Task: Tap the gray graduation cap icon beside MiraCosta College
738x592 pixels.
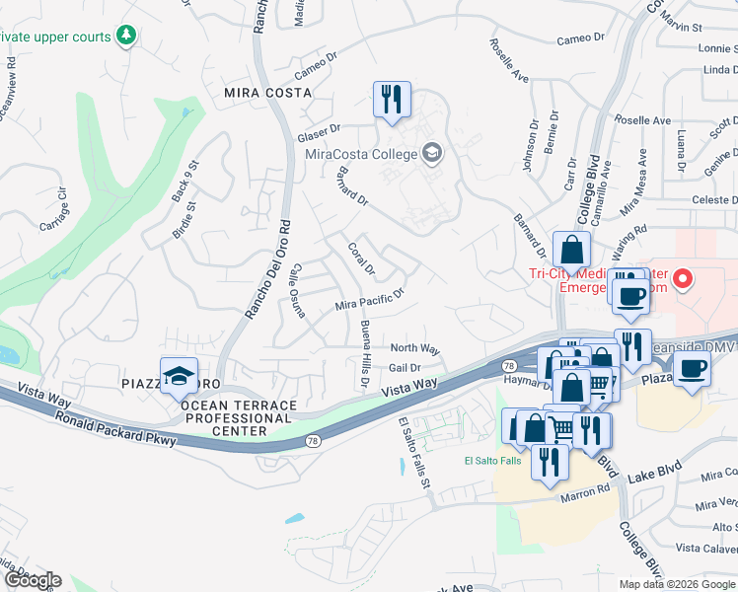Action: click(x=431, y=153)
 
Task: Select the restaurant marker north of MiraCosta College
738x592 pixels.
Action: click(x=392, y=100)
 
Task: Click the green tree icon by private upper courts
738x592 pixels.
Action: click(x=125, y=37)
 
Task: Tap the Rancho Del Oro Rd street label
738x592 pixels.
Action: click(x=267, y=267)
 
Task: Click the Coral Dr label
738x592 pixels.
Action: click(x=361, y=259)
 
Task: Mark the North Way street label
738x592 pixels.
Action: click(x=414, y=348)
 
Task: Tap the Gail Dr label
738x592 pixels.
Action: click(x=405, y=367)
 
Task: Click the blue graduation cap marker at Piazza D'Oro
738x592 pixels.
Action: click(x=179, y=375)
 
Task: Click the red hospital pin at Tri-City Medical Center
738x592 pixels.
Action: click(x=681, y=280)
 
